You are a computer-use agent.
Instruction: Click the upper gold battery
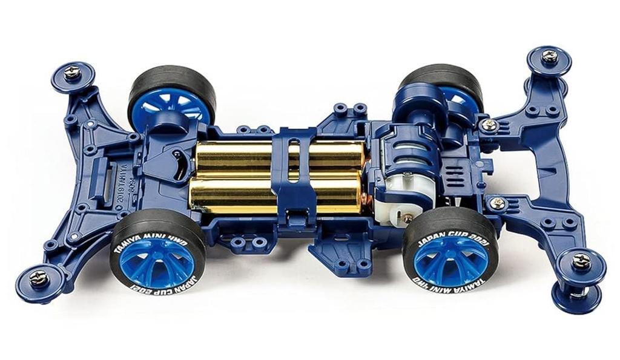(242, 155)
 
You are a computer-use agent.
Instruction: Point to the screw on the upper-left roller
(72, 72)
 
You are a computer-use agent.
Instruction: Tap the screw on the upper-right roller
(550, 56)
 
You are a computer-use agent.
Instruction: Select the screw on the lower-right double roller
(581, 261)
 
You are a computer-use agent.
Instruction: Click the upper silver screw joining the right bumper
(488, 126)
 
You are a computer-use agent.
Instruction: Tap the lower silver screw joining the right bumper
(498, 203)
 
